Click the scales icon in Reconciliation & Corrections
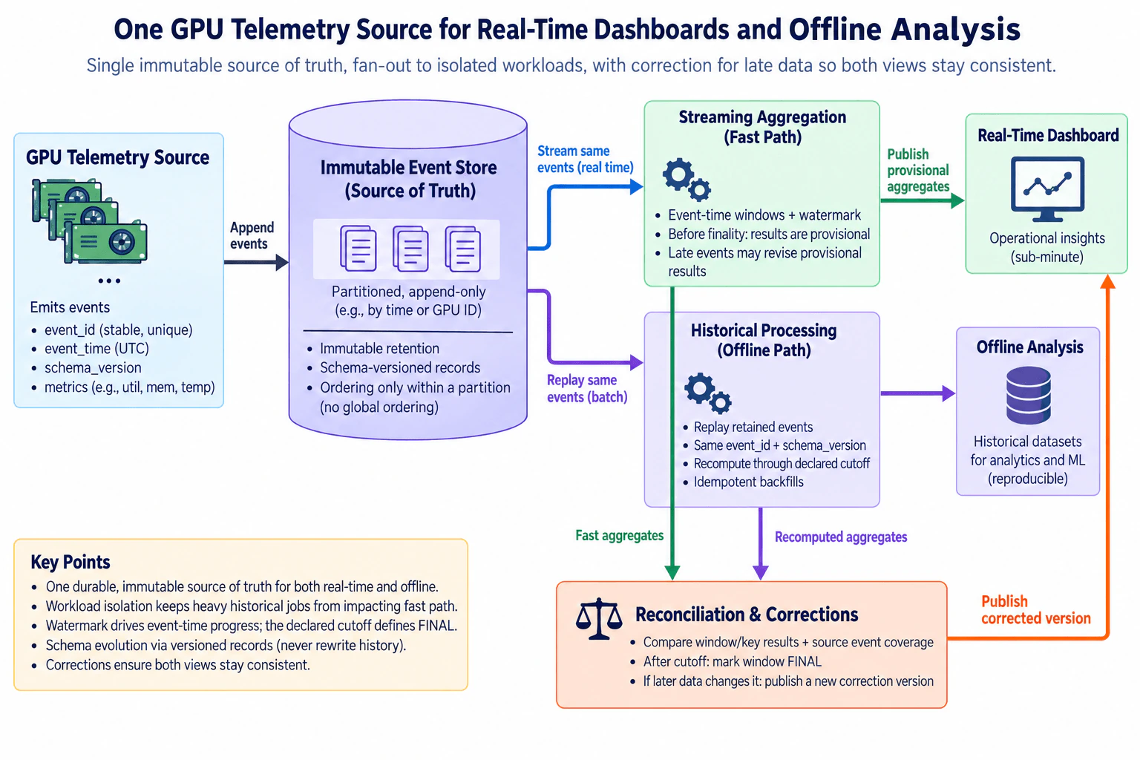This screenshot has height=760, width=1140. [598, 618]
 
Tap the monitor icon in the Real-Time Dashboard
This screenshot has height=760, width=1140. [1047, 189]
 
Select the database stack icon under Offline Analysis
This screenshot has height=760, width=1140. [1029, 395]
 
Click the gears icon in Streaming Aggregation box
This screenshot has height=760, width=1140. [687, 179]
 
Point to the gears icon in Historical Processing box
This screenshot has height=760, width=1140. [708, 393]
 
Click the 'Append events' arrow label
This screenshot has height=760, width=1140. [252, 235]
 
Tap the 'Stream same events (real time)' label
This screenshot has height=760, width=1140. [586, 159]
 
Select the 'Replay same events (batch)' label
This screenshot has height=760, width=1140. [587, 388]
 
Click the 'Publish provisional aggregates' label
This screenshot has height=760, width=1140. [918, 170]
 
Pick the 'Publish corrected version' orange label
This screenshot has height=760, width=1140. [1035, 609]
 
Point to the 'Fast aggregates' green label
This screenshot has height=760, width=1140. [620, 535]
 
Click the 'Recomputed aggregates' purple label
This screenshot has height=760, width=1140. [841, 537]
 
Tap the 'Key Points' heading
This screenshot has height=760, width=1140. [71, 562]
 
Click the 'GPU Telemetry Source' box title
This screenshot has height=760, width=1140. [117, 157]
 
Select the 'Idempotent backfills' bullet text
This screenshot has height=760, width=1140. [748, 482]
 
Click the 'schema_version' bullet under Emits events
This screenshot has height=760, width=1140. [93, 367]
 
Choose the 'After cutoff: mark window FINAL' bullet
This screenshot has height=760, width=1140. [733, 661]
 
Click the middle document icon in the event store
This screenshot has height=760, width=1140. [410, 249]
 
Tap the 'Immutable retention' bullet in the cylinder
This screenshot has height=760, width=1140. [379, 348]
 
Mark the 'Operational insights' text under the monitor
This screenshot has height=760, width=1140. [1047, 237]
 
